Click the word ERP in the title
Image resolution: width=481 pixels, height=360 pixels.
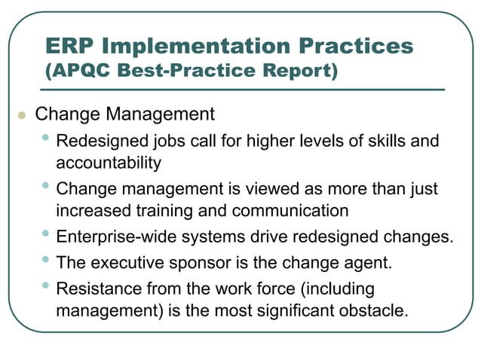70,46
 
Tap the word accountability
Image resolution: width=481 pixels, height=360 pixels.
109,162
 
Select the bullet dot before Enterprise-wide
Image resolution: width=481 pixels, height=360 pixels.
47,233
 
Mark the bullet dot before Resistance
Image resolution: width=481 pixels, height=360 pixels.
47,285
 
